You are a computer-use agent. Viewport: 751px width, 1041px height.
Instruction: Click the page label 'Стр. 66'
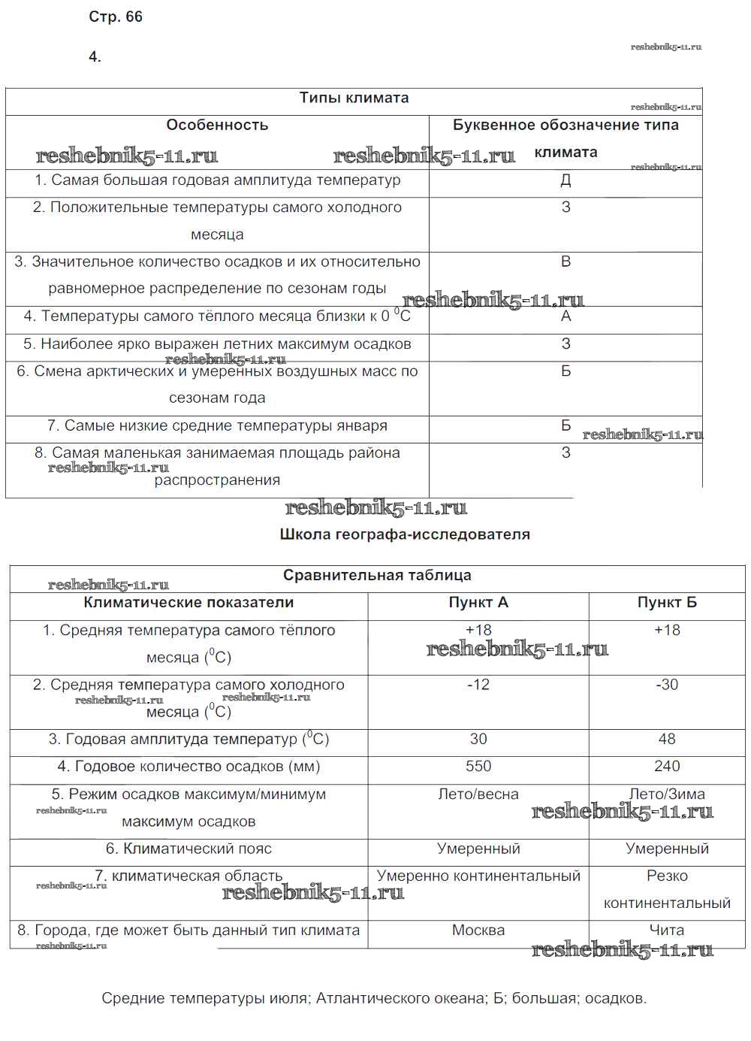115,17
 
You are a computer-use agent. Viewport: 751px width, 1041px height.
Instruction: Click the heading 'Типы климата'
354,98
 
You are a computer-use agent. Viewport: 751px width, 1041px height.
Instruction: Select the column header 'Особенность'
217,126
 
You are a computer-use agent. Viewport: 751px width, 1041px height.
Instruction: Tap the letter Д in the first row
566,180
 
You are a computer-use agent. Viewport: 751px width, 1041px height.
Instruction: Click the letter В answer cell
566,262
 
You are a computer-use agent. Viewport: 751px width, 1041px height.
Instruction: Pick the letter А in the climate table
566,316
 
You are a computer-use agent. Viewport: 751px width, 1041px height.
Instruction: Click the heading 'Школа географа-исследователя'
405,534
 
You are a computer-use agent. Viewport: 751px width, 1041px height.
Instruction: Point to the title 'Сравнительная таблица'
377,576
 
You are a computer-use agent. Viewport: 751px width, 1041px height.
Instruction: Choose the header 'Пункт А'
478,603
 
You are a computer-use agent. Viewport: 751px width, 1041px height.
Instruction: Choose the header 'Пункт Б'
667,603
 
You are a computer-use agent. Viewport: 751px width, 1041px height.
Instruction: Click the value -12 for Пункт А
478,685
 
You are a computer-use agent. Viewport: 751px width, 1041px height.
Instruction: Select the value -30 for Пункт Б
667,685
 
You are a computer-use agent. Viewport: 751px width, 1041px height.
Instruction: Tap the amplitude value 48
667,740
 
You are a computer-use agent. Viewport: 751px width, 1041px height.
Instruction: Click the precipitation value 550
478,767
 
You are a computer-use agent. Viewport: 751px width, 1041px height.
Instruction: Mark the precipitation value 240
667,767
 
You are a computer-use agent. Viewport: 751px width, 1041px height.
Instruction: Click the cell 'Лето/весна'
478,794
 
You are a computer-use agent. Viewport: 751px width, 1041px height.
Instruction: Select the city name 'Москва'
478,931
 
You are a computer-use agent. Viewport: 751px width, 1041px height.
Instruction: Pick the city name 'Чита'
667,931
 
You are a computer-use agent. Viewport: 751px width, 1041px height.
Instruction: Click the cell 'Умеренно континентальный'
478,876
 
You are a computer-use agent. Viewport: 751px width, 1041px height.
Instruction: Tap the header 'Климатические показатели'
189,603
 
